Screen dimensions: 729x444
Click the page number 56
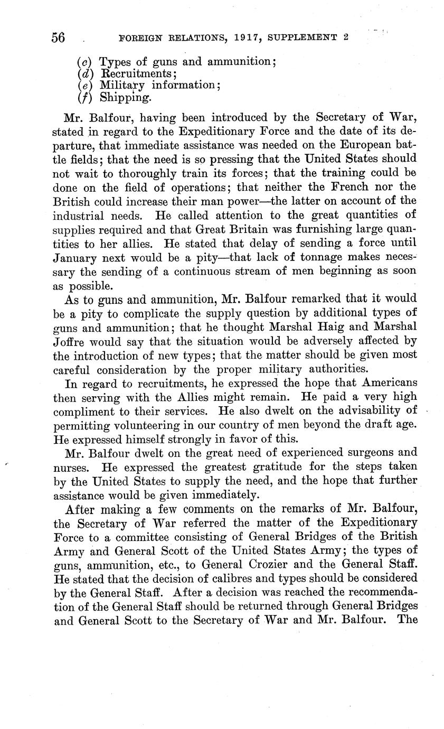coord(58,38)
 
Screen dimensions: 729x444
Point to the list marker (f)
coord(84,97)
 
